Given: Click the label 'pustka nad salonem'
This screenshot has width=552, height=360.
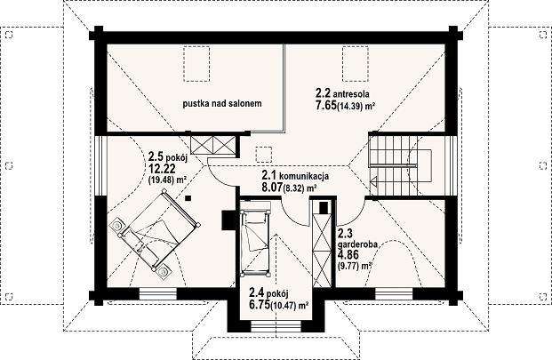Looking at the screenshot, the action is (x=222, y=103).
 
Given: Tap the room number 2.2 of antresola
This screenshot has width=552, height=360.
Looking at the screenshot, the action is (x=323, y=93).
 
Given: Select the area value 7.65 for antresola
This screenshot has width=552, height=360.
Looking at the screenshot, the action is (x=326, y=106).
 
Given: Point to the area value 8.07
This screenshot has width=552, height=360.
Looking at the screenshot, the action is (x=272, y=187).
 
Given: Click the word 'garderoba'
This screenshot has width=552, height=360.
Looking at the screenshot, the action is (x=357, y=244).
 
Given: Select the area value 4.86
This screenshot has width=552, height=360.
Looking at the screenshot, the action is (x=348, y=255).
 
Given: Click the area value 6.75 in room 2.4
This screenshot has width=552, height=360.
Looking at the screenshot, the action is (x=259, y=304).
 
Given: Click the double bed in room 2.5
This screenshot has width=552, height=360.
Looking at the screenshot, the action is (x=157, y=231).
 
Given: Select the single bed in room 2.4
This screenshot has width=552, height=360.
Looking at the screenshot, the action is (x=255, y=239).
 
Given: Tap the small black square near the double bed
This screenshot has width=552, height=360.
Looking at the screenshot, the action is (x=188, y=198).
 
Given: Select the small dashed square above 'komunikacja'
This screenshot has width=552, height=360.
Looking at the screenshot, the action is (x=264, y=154).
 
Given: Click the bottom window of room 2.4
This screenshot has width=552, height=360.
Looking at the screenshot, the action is (x=276, y=326).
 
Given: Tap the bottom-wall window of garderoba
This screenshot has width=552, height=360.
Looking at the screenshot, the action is (x=394, y=293).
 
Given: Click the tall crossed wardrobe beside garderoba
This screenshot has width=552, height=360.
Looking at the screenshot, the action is (x=322, y=244).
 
